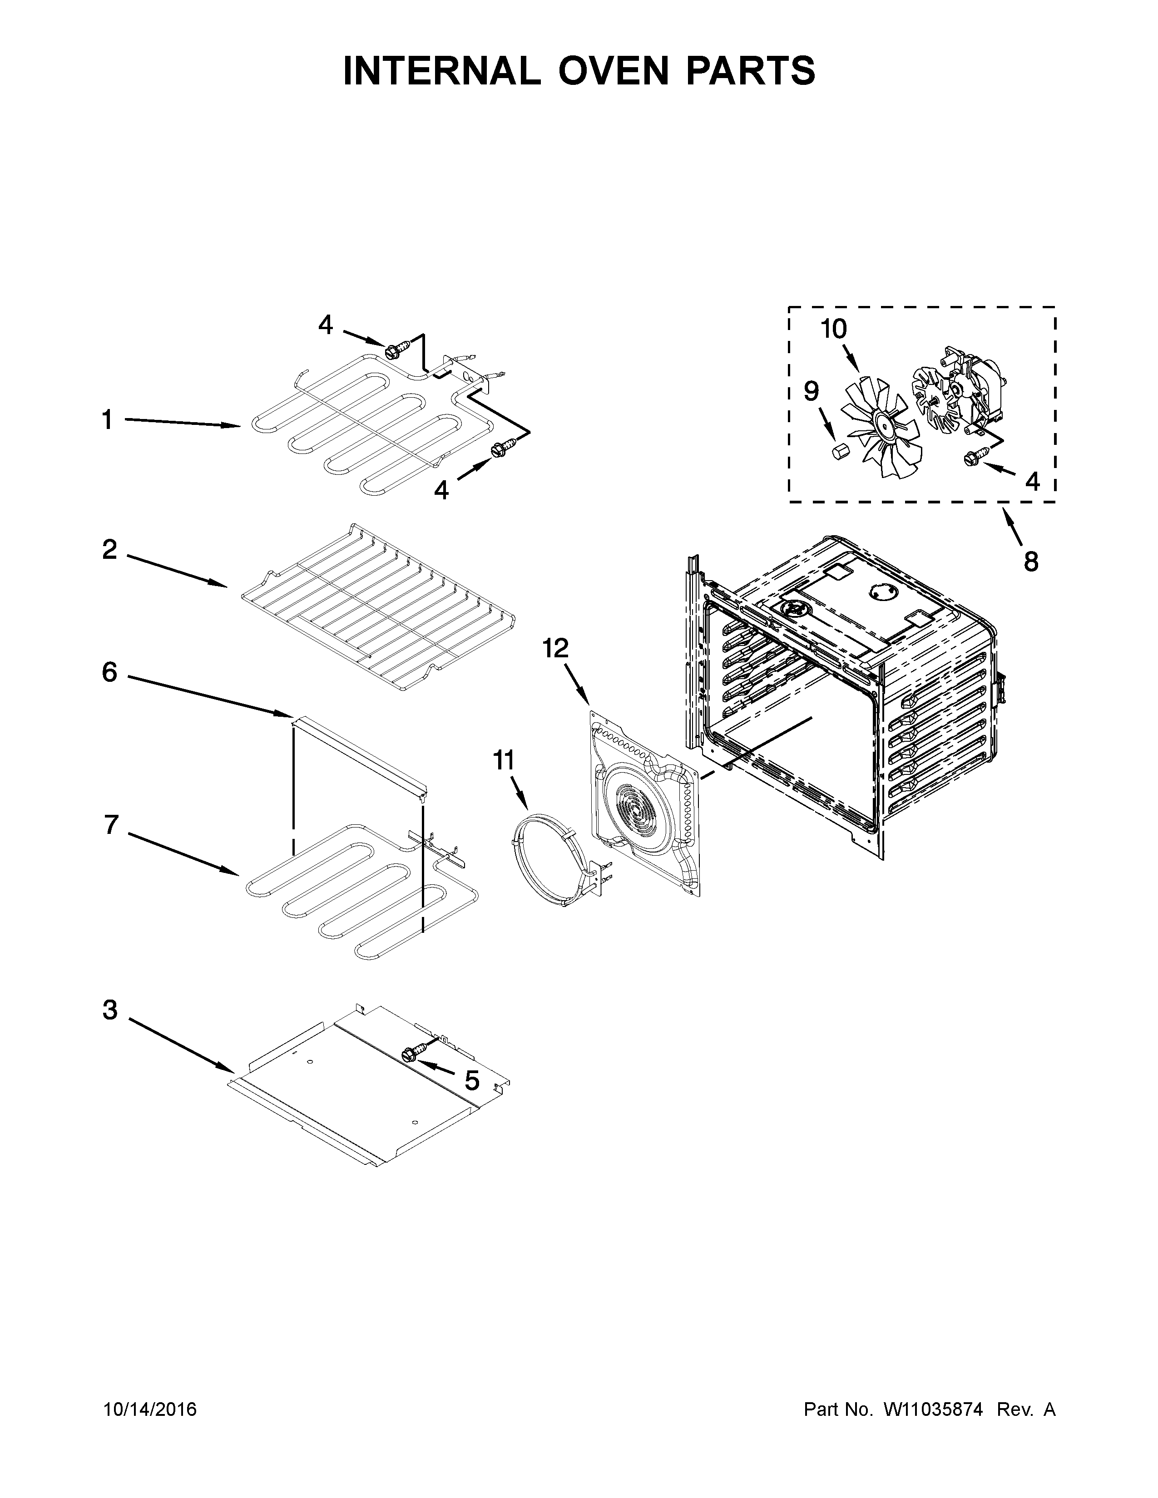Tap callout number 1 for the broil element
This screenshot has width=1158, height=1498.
coord(107,420)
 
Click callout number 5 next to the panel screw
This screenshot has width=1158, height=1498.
coord(472,1080)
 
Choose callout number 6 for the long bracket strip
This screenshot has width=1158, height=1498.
coord(110,672)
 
